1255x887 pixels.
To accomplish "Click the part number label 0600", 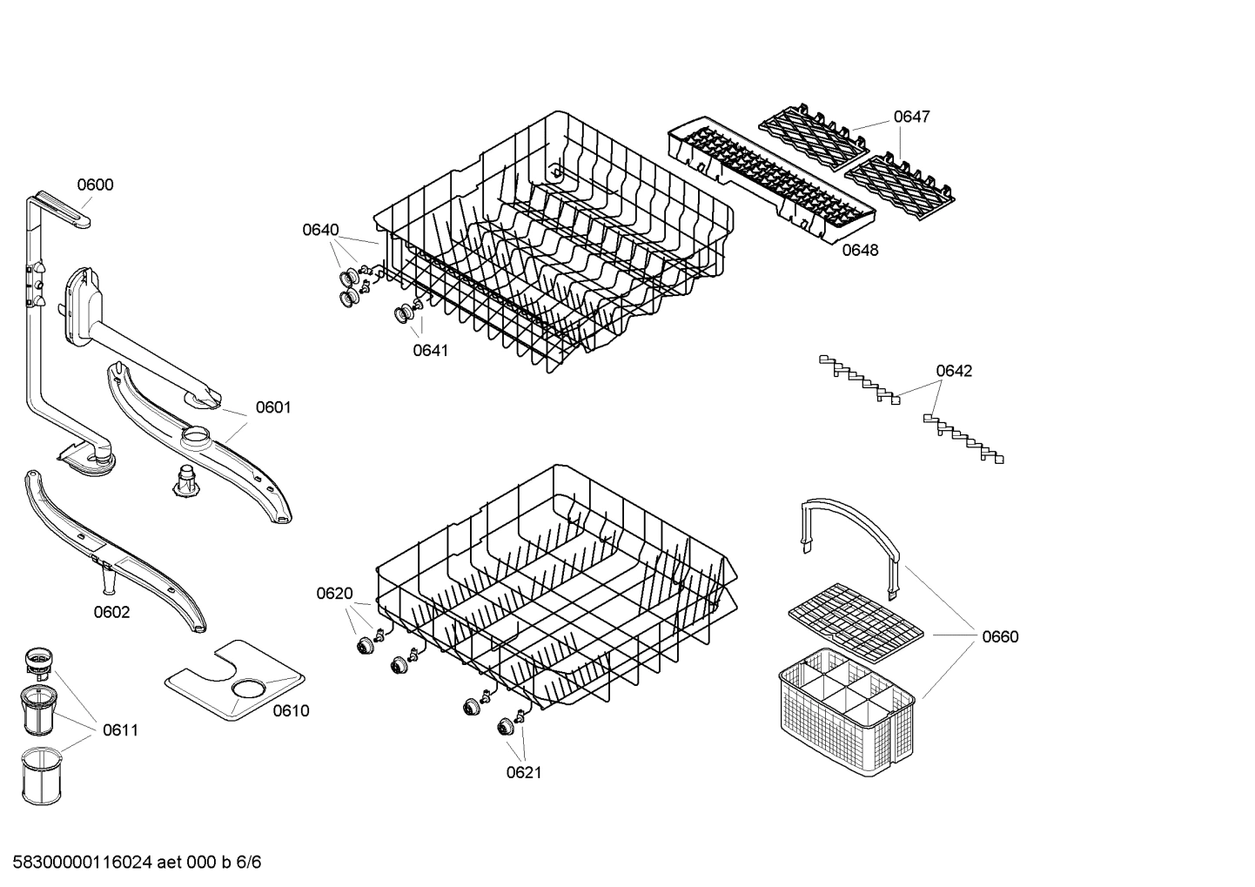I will [95, 185].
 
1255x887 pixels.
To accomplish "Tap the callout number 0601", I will [273, 407].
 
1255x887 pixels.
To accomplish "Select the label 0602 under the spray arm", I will [111, 612].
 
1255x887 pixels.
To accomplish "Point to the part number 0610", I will [291, 711].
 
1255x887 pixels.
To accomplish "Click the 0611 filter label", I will [120, 730].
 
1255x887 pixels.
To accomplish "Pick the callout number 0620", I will [334, 594].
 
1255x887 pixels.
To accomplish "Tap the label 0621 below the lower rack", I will [524, 772].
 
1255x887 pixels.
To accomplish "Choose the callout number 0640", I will [320, 230].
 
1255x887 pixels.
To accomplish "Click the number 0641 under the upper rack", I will [430, 350].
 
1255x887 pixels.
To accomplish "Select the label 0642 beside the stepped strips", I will [954, 371].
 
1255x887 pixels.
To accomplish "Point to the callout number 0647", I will [911, 117].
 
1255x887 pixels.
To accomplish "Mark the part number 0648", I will [860, 251].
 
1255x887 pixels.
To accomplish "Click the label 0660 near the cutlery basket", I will [1000, 636].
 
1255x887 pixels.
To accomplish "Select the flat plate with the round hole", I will [235, 681].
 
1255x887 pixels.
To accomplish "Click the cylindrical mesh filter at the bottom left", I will [43, 775].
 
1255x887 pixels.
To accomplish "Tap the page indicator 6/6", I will [249, 863].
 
